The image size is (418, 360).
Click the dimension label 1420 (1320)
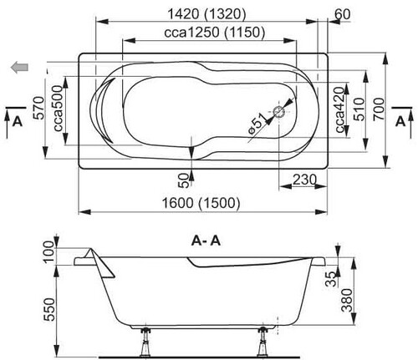206,14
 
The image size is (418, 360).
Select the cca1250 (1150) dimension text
215,33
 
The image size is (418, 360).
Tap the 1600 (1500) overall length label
201,203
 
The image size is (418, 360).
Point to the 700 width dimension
379,109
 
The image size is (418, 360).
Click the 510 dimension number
359,109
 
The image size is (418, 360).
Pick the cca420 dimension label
340,110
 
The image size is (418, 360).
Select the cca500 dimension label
59,109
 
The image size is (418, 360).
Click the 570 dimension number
38,108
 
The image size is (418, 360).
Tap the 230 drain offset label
304,180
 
